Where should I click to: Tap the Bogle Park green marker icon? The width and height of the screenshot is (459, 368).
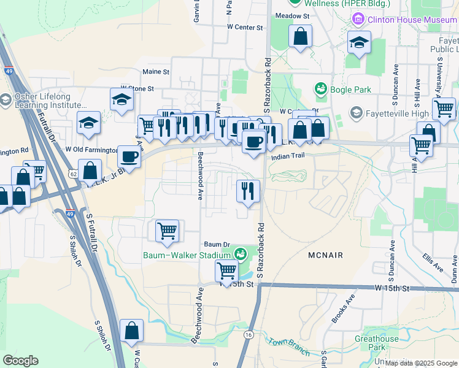pyautogui.click(x=320, y=90)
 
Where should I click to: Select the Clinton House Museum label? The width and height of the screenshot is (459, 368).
pyautogui.click(x=411, y=20)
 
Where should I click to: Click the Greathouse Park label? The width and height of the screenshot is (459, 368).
pyautogui.click(x=376, y=343)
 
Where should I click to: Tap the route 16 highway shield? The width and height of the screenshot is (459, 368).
pyautogui.click(x=249, y=334)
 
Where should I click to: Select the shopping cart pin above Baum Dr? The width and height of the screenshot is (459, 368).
pyautogui.click(x=167, y=231)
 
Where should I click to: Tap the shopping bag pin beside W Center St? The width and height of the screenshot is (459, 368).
pyautogui.click(x=301, y=36)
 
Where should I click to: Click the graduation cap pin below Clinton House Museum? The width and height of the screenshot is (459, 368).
pyautogui.click(x=359, y=42)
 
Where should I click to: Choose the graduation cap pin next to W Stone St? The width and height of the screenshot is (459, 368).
pyautogui.click(x=121, y=100)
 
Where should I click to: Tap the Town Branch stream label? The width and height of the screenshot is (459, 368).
pyautogui.click(x=288, y=347)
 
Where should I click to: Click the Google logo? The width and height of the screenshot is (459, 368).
pyautogui.click(x=20, y=361)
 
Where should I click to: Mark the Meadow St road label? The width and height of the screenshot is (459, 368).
pyautogui.click(x=291, y=15)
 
